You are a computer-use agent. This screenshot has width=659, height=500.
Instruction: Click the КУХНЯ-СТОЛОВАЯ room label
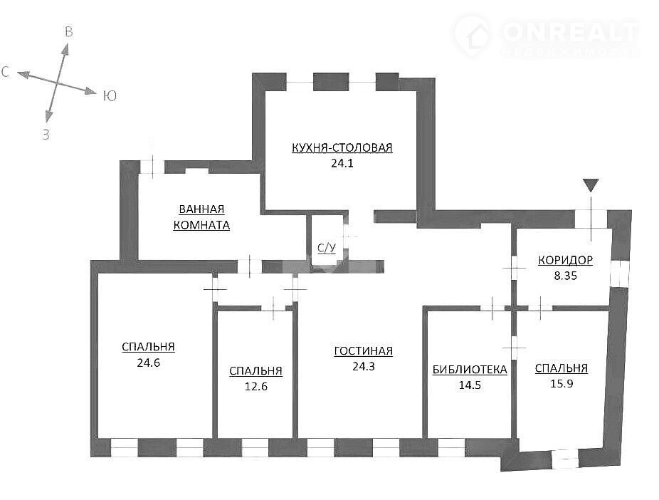(x=342, y=147)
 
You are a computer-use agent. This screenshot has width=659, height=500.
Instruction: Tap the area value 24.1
(x=342, y=163)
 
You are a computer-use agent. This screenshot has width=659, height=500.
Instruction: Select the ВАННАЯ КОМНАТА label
(x=201, y=217)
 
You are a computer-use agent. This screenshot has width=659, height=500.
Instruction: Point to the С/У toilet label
(x=327, y=248)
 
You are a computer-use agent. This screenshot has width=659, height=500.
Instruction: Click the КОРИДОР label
(x=565, y=260)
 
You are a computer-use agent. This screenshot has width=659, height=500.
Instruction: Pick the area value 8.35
(x=565, y=276)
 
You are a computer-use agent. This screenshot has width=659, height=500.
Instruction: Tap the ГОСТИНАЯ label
(x=364, y=350)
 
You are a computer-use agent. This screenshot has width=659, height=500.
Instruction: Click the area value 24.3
(x=364, y=366)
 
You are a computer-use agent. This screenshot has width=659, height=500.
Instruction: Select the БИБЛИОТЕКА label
(x=470, y=370)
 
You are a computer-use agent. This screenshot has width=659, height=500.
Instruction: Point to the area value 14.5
(x=470, y=385)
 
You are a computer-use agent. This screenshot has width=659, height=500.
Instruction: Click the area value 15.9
(x=562, y=383)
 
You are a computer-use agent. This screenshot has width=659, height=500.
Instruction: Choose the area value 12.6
(x=256, y=387)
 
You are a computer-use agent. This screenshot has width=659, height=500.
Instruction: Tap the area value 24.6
(x=148, y=363)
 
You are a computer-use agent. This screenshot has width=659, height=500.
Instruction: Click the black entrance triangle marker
(x=591, y=184)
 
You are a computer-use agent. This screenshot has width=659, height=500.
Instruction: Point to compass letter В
(x=68, y=32)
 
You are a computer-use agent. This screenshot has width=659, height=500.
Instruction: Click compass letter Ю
(x=110, y=96)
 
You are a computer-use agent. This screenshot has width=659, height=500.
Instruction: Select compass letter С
(x=5, y=72)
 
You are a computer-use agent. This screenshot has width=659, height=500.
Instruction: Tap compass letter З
(x=46, y=135)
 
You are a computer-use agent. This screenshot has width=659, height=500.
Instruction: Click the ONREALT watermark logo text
(x=570, y=31)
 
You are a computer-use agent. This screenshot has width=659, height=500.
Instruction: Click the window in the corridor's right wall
(x=618, y=274)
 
